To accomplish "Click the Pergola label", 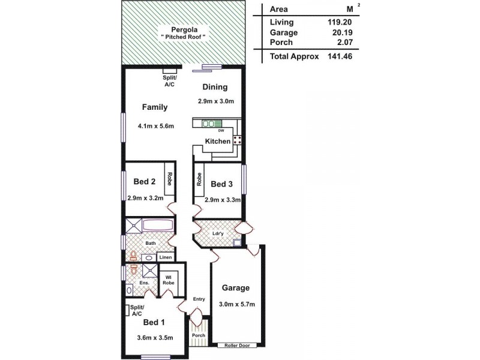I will (184, 29).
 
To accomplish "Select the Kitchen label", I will (217, 142).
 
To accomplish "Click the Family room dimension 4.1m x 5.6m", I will (155, 126).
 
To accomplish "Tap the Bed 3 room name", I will (221, 184).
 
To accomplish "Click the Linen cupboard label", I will (166, 257).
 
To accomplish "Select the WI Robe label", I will (169, 280).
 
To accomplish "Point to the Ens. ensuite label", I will (144, 283).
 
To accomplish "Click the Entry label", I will (199, 299).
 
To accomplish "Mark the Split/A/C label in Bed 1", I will (136, 310).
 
